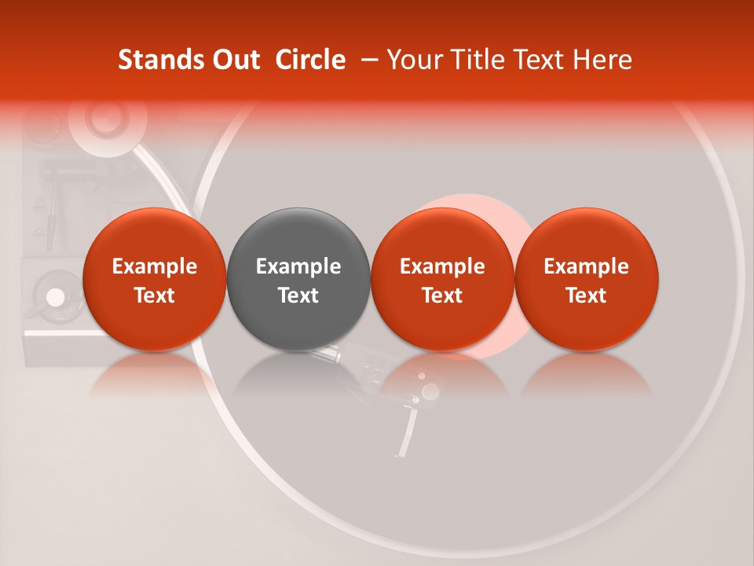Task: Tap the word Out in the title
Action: tap(235, 60)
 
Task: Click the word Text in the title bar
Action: tap(543, 60)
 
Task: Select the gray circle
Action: tap(298, 278)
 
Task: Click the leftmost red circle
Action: tap(154, 278)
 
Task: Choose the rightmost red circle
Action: tap(587, 278)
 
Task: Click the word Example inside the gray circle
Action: tap(298, 266)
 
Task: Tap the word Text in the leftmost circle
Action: tap(154, 296)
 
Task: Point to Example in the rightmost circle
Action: tap(587, 266)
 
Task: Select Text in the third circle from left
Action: tap(442, 296)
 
